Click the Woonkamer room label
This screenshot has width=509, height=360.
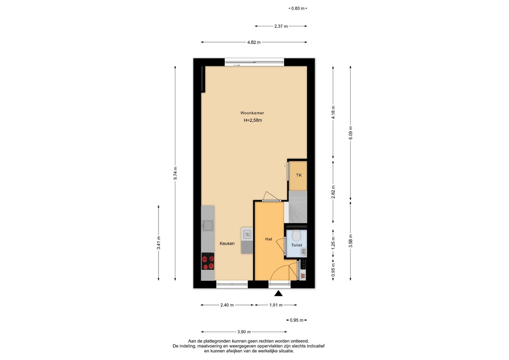pyautogui.click(x=252, y=113)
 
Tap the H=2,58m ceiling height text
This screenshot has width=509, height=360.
pyautogui.click(x=253, y=120)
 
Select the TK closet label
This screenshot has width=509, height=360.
pyautogui.click(x=299, y=175)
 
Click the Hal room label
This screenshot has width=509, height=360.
pyautogui.click(x=269, y=239)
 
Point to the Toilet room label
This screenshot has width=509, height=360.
pyautogui.click(x=297, y=245)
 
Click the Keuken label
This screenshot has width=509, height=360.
pyautogui.click(x=227, y=244)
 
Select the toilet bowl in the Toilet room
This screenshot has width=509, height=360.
pyautogui.click(x=296, y=236)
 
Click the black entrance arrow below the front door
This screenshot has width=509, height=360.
pyautogui.click(x=279, y=294)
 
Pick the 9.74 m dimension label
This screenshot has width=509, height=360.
pyautogui.click(x=175, y=173)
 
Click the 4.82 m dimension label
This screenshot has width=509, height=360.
pyautogui.click(x=254, y=42)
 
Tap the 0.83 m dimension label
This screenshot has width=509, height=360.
pyautogui.click(x=298, y=8)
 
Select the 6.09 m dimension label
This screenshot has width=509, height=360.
pyautogui.click(x=350, y=133)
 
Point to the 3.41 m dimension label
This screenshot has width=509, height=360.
pyautogui.click(x=159, y=243)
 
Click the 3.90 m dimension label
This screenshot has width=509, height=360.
pyautogui.click(x=244, y=332)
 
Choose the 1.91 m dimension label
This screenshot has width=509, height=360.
pyautogui.click(x=276, y=305)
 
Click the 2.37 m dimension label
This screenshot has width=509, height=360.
pyautogui.click(x=281, y=27)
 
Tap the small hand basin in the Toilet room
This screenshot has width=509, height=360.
pyautogui.click(x=304, y=252)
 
